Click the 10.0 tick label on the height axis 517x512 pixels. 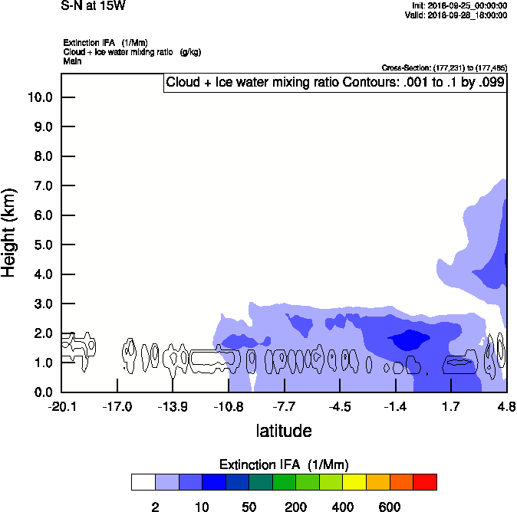click(x=39, y=97)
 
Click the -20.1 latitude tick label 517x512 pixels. click(x=61, y=406)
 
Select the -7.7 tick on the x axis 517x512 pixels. click(x=285, y=406)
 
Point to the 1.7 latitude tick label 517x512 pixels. click(x=450, y=406)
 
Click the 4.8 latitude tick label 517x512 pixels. click(x=506, y=406)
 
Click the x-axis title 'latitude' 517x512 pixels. click(x=284, y=431)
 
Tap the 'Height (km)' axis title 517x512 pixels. click(x=10, y=231)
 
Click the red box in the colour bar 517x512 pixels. click(x=425, y=481)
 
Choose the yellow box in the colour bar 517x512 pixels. click(x=354, y=481)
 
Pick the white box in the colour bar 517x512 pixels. click(x=143, y=481)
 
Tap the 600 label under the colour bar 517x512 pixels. click(x=390, y=507)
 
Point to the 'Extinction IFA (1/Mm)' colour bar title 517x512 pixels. click(x=285, y=464)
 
